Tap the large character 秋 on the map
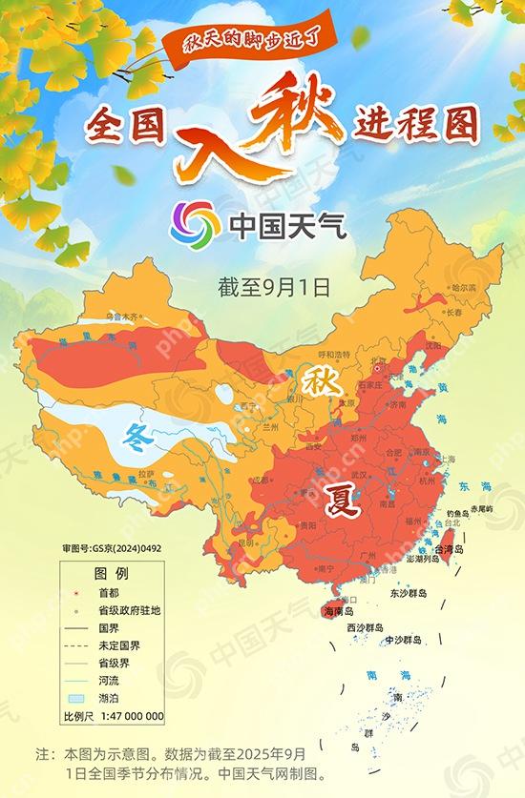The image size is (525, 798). click(x=317, y=382)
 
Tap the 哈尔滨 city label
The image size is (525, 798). click(x=463, y=286)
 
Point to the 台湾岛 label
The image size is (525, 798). click(x=448, y=550)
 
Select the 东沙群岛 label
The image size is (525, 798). click(x=408, y=592)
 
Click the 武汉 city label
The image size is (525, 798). click(x=359, y=474)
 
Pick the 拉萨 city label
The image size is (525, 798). click(x=145, y=473)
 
